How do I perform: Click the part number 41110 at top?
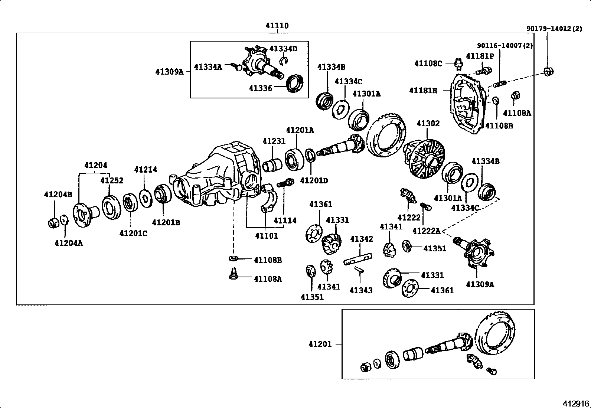(277, 26)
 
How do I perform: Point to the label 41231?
(274, 141)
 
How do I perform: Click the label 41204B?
(58, 194)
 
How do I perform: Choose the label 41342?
(362, 239)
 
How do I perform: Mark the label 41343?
(361, 290)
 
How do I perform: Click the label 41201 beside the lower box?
(320, 344)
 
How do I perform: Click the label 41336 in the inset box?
(260, 88)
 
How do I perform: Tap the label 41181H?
(423, 90)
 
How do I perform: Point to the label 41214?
(146, 170)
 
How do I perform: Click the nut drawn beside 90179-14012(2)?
(548, 71)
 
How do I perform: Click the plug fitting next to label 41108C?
(458, 63)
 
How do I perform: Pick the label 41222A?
(426, 231)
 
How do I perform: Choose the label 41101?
(266, 236)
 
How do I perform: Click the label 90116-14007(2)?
(505, 46)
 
